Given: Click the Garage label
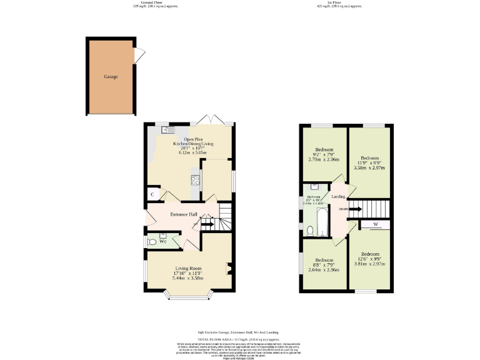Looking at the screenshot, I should [x=111, y=77].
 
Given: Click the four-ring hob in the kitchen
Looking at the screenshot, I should [x=195, y=181].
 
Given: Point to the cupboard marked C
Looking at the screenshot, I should [x=152, y=195].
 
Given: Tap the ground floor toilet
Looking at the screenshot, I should [x=152, y=241].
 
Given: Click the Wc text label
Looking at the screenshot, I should [x=162, y=241].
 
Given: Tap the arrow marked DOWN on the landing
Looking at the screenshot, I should [x=354, y=209].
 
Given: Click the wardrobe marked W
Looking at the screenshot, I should [x=376, y=224].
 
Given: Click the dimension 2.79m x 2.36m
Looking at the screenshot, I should [x=324, y=159].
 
